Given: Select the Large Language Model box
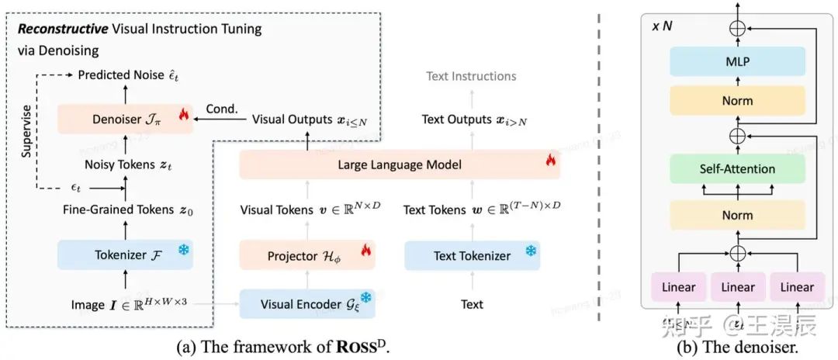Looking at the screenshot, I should point(399,164).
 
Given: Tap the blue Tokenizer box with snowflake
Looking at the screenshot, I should point(125,254).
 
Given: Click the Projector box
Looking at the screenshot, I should point(307,255).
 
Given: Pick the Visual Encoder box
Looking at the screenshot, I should point(307,303).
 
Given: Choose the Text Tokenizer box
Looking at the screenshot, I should point(472,255).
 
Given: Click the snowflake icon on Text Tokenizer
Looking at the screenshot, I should point(531,251).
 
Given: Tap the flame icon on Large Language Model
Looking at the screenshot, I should point(550,161).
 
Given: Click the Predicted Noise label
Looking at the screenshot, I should point(128,75).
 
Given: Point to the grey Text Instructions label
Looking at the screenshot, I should point(471,76).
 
